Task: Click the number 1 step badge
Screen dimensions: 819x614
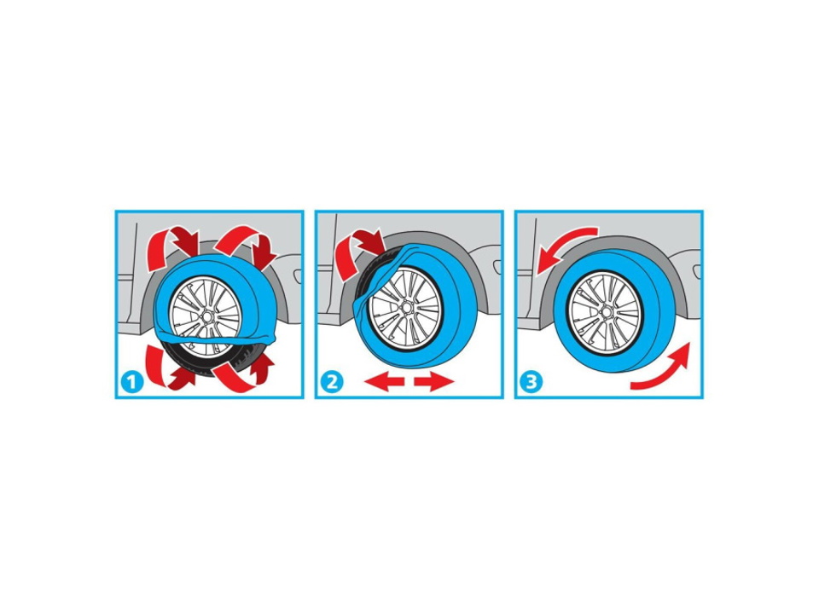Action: click(131, 382)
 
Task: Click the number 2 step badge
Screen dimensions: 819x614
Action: click(332, 382)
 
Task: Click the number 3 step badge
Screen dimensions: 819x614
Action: click(531, 382)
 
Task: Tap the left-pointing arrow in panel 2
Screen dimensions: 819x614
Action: click(385, 382)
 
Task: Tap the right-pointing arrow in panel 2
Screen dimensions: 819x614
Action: click(434, 382)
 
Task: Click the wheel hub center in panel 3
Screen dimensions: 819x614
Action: click(606, 312)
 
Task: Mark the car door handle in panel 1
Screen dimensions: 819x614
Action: click(297, 275)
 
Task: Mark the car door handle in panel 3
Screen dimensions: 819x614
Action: click(697, 271)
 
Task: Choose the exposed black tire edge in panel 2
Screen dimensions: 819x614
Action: click(369, 276)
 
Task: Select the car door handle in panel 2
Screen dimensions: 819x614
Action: click(497, 267)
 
